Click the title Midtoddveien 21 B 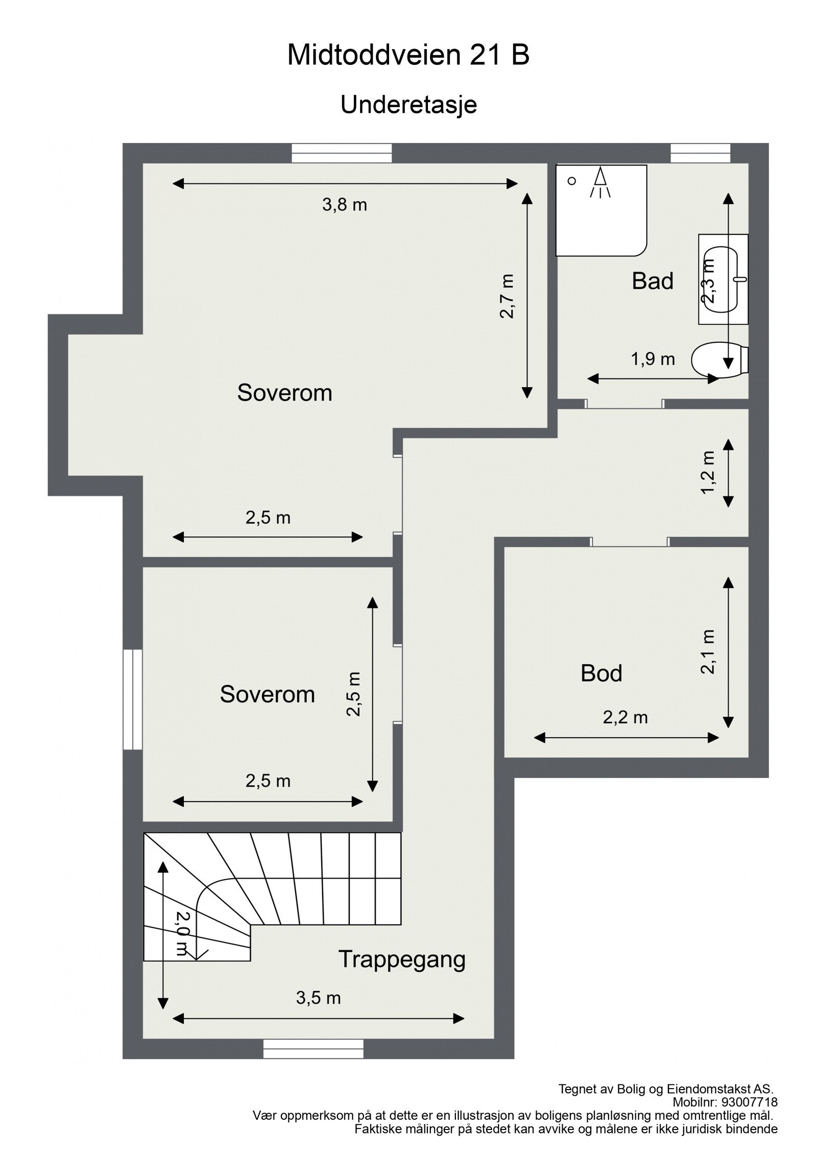click(408, 55)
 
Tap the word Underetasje click(408, 105)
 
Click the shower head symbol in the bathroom click(600, 182)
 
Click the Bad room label click(652, 281)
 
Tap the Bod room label click(601, 673)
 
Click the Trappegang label click(402, 959)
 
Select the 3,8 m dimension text click(345, 205)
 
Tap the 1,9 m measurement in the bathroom click(653, 359)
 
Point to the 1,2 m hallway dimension click(708, 473)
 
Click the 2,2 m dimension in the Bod click(625, 718)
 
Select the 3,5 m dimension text click(318, 997)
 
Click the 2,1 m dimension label click(708, 651)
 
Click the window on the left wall click(132, 699)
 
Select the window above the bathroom click(700, 153)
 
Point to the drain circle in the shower click(572, 181)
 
